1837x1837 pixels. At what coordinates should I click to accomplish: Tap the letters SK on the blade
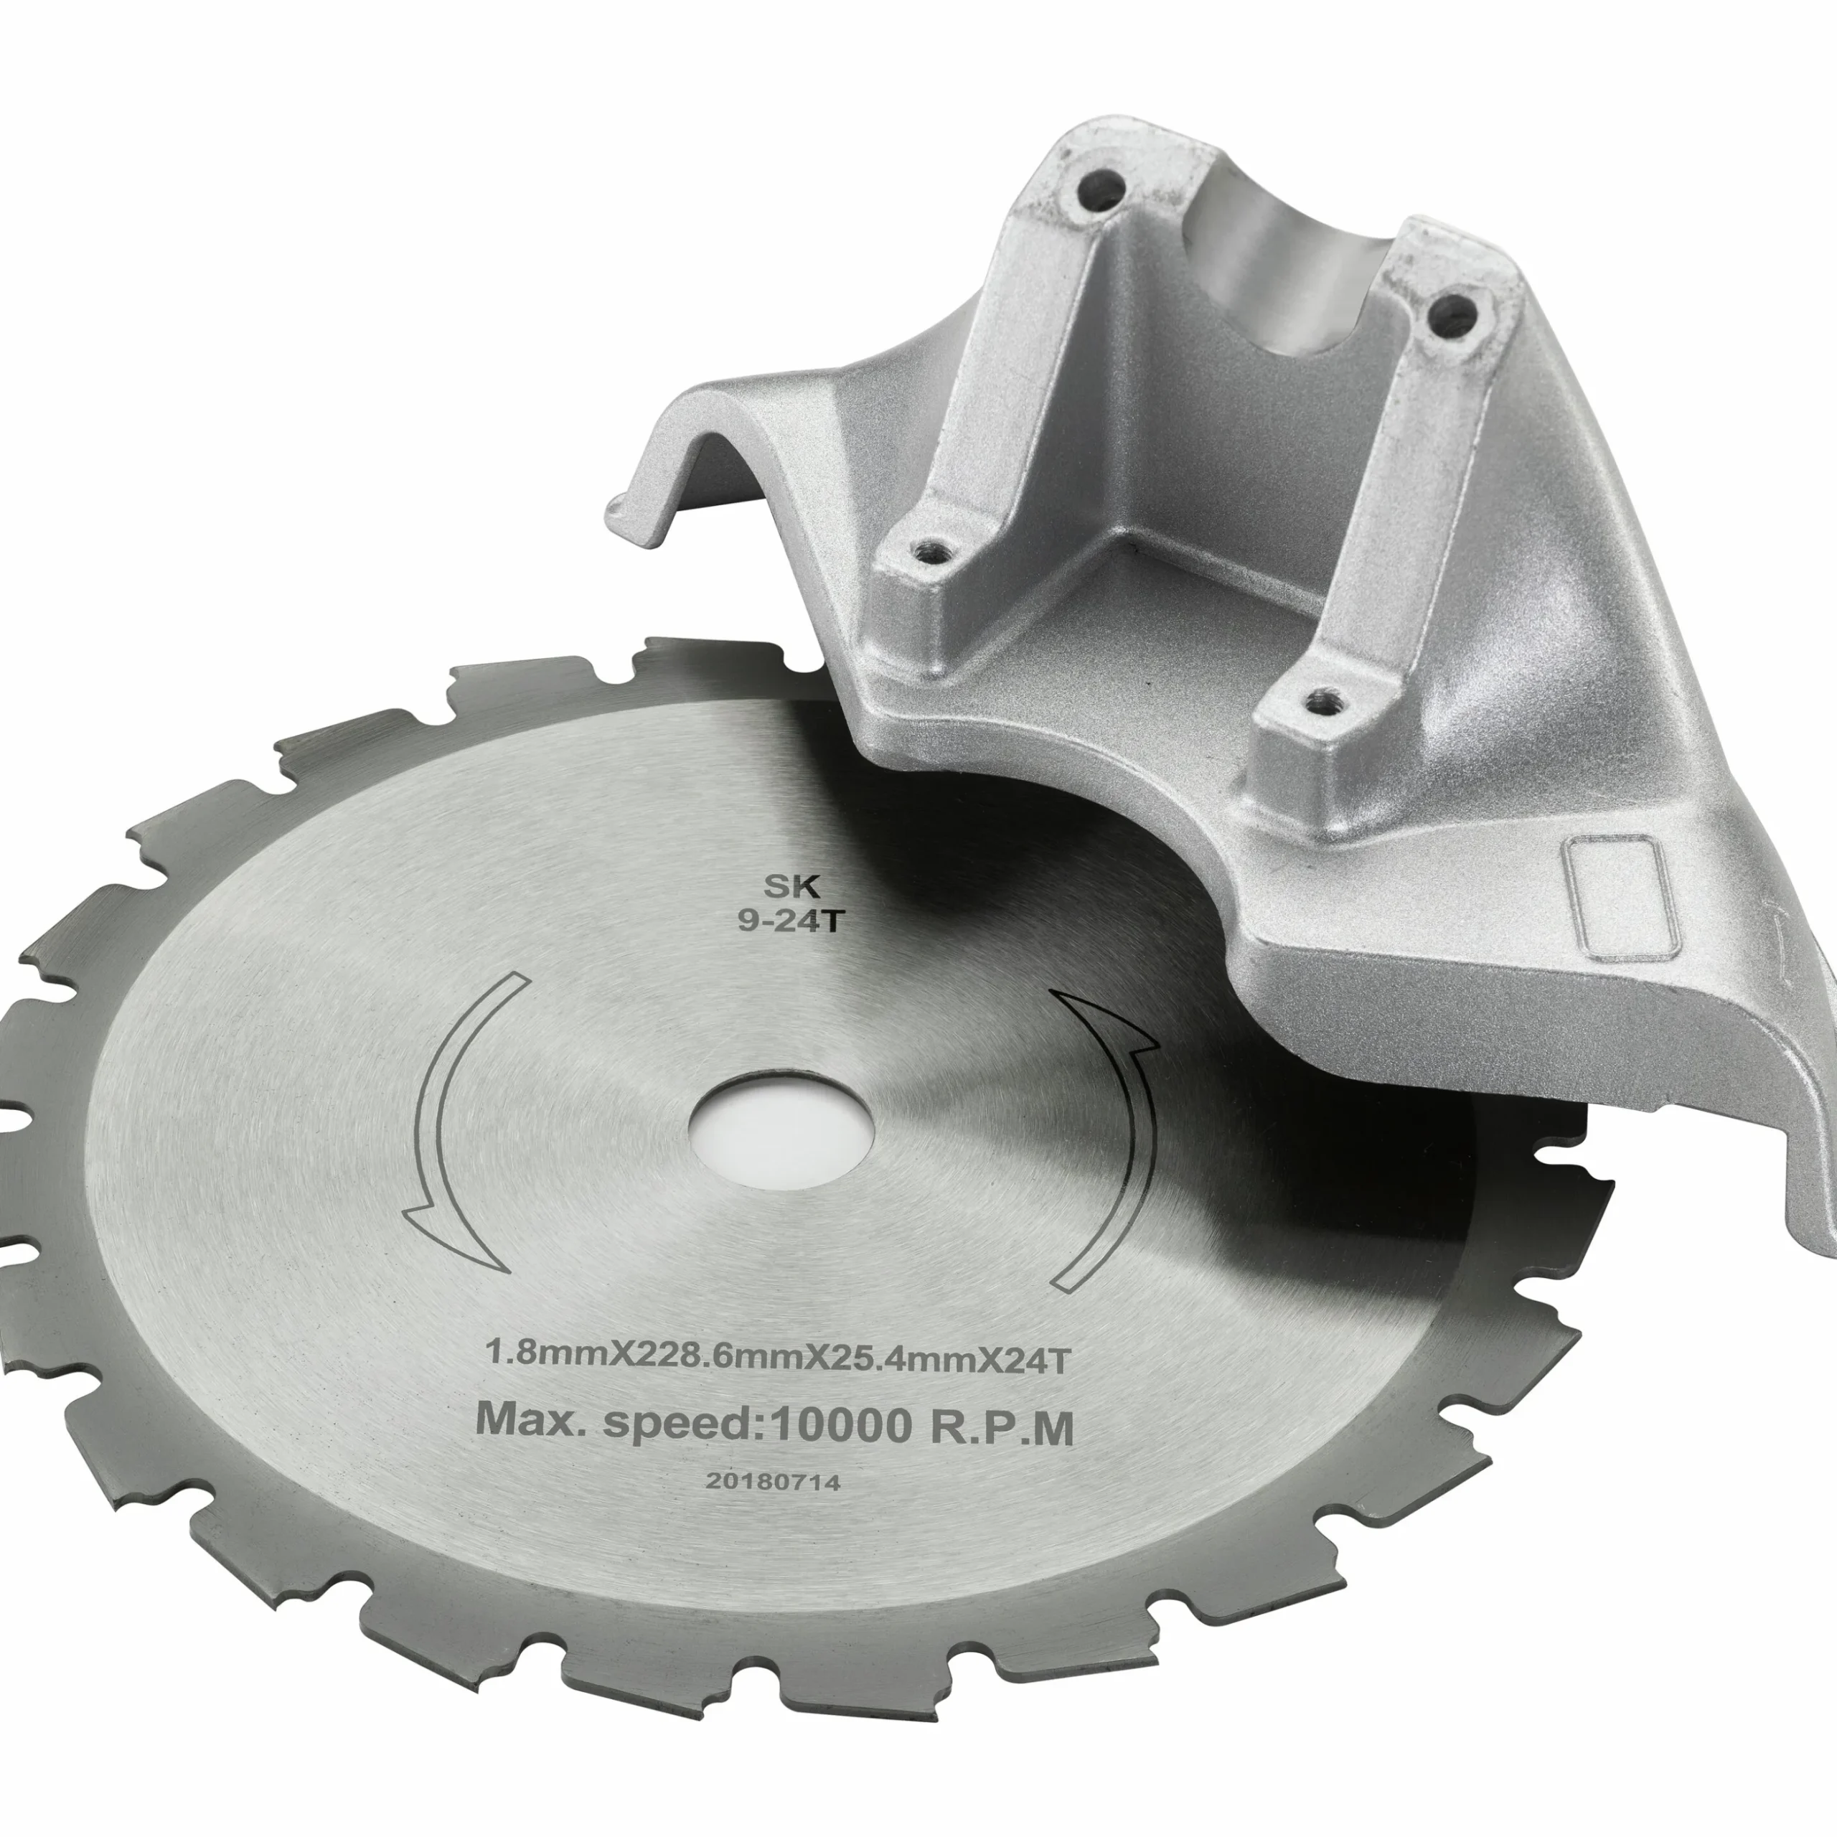tap(792, 887)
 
